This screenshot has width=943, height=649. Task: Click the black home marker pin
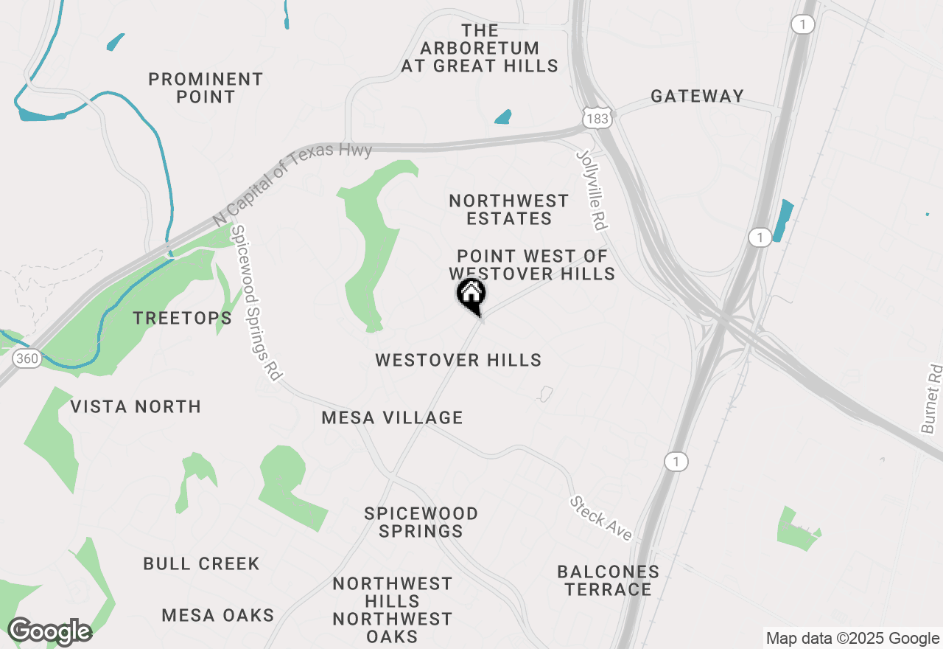(x=471, y=296)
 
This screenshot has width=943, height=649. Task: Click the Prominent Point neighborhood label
(x=206, y=88)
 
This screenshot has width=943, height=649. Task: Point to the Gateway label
(x=697, y=96)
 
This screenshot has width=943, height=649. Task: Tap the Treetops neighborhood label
(x=182, y=318)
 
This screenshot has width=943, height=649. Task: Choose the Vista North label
(x=136, y=406)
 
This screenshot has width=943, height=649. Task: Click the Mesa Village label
(x=392, y=417)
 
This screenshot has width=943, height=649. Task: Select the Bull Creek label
(x=201, y=563)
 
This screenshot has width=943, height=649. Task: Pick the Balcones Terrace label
(x=608, y=580)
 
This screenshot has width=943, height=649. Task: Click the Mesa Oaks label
(x=218, y=615)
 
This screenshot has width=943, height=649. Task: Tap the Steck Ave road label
(x=600, y=518)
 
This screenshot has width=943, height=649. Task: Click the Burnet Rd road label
(x=931, y=398)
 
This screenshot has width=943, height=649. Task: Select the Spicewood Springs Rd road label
(x=256, y=303)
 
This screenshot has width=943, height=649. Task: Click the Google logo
(x=49, y=632)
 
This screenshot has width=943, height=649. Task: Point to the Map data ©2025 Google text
(x=852, y=639)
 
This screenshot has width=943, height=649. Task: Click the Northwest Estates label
(x=508, y=209)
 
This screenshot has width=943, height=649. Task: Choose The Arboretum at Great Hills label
(x=480, y=48)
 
